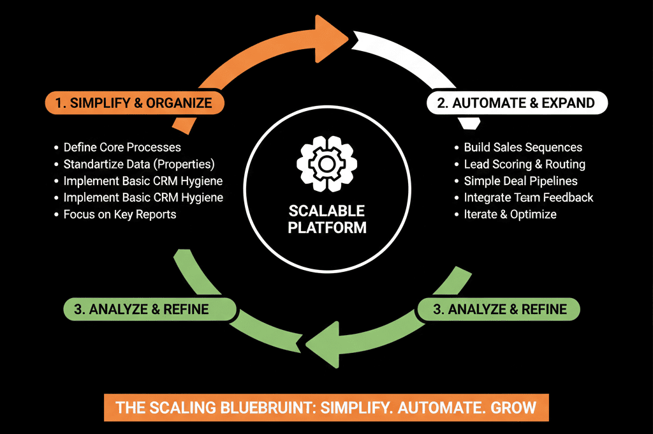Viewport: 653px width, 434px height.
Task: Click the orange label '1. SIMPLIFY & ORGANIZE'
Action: point(135,103)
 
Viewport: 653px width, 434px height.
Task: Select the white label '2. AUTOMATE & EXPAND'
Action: point(517,103)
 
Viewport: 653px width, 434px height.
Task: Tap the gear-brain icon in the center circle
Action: point(326,164)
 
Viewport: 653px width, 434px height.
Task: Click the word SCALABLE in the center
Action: point(326,211)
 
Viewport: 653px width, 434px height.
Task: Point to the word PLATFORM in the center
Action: point(327,228)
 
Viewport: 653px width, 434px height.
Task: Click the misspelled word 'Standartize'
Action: point(106,164)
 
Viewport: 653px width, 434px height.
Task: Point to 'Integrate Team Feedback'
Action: point(529,197)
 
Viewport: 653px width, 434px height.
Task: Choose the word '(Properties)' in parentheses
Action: point(184,164)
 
